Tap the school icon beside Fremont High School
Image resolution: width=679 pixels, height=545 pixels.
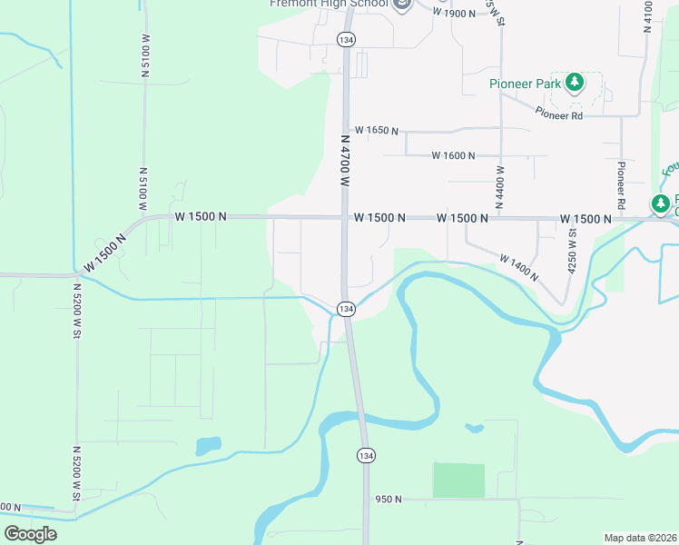(402, 4)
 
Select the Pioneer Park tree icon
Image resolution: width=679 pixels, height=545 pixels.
(574, 84)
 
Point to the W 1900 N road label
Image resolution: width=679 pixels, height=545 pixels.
(454, 13)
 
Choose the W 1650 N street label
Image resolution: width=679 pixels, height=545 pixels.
(377, 131)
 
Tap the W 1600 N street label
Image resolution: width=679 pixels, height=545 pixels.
(453, 156)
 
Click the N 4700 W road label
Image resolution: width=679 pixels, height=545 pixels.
(345, 162)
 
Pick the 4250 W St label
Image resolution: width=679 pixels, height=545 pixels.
(572, 250)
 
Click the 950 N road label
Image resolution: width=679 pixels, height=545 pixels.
(388, 499)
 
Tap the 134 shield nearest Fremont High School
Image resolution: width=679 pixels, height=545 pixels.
(345, 40)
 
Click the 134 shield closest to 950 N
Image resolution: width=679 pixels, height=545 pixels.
(365, 455)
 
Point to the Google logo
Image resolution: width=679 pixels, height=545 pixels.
(31, 534)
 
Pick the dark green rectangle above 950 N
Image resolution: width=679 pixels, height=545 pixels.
(458, 480)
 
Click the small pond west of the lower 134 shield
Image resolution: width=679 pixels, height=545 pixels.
(207, 446)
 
